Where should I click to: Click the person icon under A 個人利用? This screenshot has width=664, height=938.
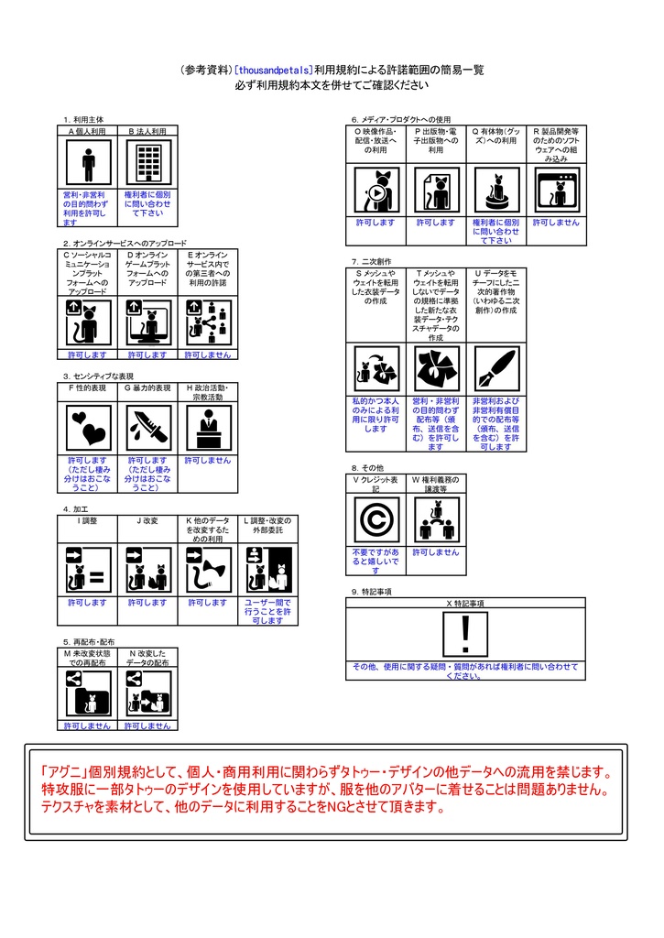pyautogui.click(x=89, y=165)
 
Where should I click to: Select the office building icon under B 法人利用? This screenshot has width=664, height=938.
pyautogui.click(x=147, y=165)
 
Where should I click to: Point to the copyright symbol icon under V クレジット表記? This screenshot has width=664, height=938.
pyautogui.click(x=376, y=521)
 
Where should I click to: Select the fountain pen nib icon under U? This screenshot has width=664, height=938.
pyautogui.click(x=497, y=369)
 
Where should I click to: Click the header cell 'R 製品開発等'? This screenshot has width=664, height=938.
pyautogui.click(x=556, y=145)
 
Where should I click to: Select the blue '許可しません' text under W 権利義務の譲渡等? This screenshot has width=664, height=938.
pyautogui.click(x=435, y=552)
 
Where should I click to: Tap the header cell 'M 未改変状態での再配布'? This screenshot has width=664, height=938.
pyautogui.click(x=88, y=658)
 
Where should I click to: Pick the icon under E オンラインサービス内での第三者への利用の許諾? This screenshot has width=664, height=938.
pyautogui.click(x=207, y=322)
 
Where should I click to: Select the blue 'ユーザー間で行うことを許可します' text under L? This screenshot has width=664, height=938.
pyautogui.click(x=267, y=611)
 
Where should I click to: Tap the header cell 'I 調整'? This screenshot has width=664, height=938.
pyautogui.click(x=88, y=520)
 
